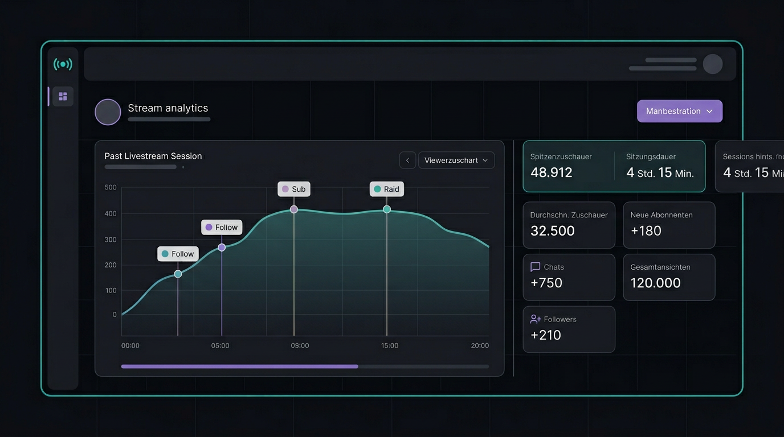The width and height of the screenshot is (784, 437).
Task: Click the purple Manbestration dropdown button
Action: tap(679, 111)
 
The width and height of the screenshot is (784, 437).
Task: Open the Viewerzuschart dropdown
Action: tap(456, 160)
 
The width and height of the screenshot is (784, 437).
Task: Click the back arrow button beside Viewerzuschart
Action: tap(407, 160)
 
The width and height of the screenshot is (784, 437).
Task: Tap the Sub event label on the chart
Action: tap(294, 189)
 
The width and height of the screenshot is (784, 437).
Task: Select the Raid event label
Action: tap(386, 189)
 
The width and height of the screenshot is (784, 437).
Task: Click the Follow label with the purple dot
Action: tap(222, 227)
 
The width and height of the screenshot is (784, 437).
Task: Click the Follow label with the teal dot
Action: tap(178, 254)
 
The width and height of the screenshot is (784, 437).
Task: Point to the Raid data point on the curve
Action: tap(387, 209)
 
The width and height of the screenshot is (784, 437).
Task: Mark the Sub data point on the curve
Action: tap(294, 209)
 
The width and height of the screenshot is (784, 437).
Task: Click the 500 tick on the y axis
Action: tap(111, 187)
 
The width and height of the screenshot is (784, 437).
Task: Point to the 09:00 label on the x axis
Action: tap(300, 345)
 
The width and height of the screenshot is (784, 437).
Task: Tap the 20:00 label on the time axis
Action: tap(480, 345)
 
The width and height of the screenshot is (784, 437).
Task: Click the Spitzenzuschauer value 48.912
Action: tap(551, 172)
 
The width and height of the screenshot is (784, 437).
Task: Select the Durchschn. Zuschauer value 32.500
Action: tap(552, 230)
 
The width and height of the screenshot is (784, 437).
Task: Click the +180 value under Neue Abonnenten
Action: tap(646, 230)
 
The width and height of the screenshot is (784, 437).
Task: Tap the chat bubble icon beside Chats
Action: tap(535, 267)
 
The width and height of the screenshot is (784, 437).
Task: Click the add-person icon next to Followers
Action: tap(535, 319)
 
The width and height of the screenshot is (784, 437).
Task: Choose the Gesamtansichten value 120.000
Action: tap(655, 283)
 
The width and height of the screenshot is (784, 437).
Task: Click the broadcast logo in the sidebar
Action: tap(63, 64)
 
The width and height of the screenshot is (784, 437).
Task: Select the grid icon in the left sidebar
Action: tap(63, 97)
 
